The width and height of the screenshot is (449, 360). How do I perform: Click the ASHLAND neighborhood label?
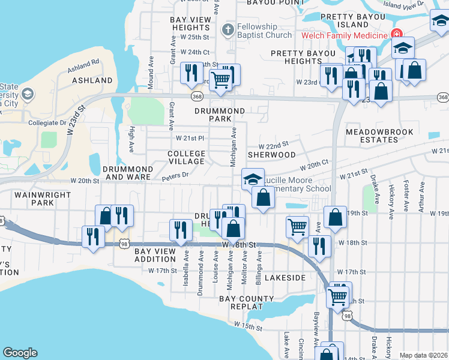point(92,80)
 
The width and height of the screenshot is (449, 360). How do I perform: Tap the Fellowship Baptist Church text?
point(256,31)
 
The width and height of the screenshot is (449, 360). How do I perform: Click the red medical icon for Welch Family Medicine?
point(396,35)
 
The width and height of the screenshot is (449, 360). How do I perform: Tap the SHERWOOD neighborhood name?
point(271,154)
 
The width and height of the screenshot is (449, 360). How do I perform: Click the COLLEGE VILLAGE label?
point(186,158)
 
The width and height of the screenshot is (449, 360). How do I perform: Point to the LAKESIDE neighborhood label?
point(285,278)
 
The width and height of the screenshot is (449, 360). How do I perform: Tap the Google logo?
point(20,353)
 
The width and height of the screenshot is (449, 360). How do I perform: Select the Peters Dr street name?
point(175,175)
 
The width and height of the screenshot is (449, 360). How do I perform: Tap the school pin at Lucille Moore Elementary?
point(253,179)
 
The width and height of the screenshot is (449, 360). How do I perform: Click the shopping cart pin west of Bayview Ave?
point(297,227)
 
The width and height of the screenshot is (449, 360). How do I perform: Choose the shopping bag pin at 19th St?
point(336,217)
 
